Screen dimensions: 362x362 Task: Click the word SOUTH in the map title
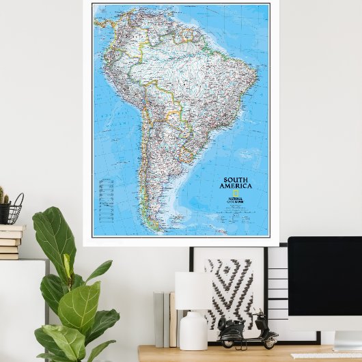(236, 180)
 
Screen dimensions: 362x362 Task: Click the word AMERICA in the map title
(236, 186)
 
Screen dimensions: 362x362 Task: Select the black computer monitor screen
(325, 283)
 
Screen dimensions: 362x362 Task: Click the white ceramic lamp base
(193, 331)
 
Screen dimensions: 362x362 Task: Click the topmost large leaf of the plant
(54, 233)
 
